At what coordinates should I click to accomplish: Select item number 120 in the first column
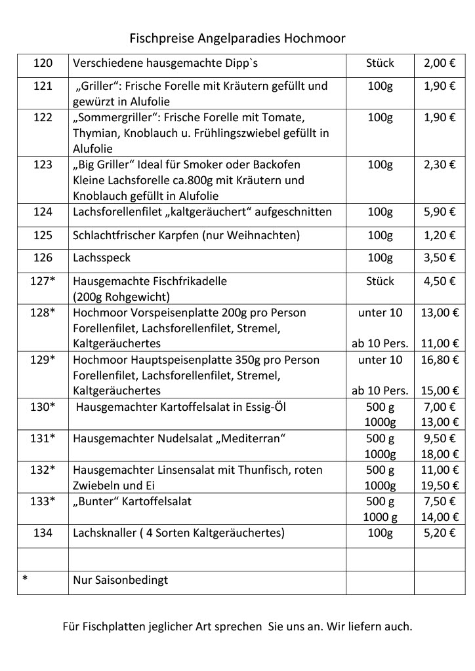43,64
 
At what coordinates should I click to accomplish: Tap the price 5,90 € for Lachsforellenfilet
440,212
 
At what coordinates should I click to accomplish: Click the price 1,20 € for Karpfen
440,235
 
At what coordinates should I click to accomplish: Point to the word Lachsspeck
102,258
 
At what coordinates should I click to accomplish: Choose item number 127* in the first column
43,281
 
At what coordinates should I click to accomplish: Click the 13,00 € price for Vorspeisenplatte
440,313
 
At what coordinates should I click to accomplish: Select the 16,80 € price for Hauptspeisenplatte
440,360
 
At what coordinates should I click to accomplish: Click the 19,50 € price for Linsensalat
440,486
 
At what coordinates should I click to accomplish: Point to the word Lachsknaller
104,533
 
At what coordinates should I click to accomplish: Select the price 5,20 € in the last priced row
440,533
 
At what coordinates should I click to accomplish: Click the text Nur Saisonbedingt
121,580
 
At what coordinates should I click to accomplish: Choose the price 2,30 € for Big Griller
440,164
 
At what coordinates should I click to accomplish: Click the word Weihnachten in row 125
264,235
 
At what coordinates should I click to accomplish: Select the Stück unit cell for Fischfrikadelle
380,281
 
